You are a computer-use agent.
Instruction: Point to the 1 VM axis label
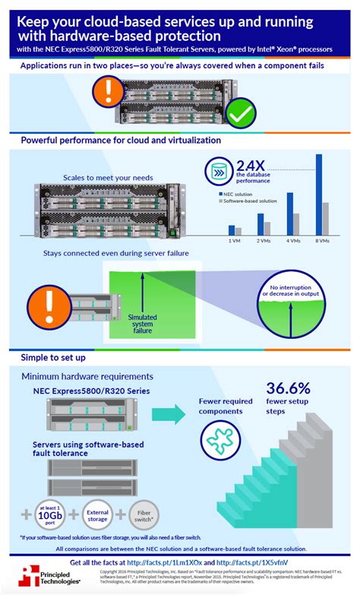235,241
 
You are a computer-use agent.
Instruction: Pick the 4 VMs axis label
292,241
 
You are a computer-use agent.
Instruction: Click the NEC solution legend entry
238,194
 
